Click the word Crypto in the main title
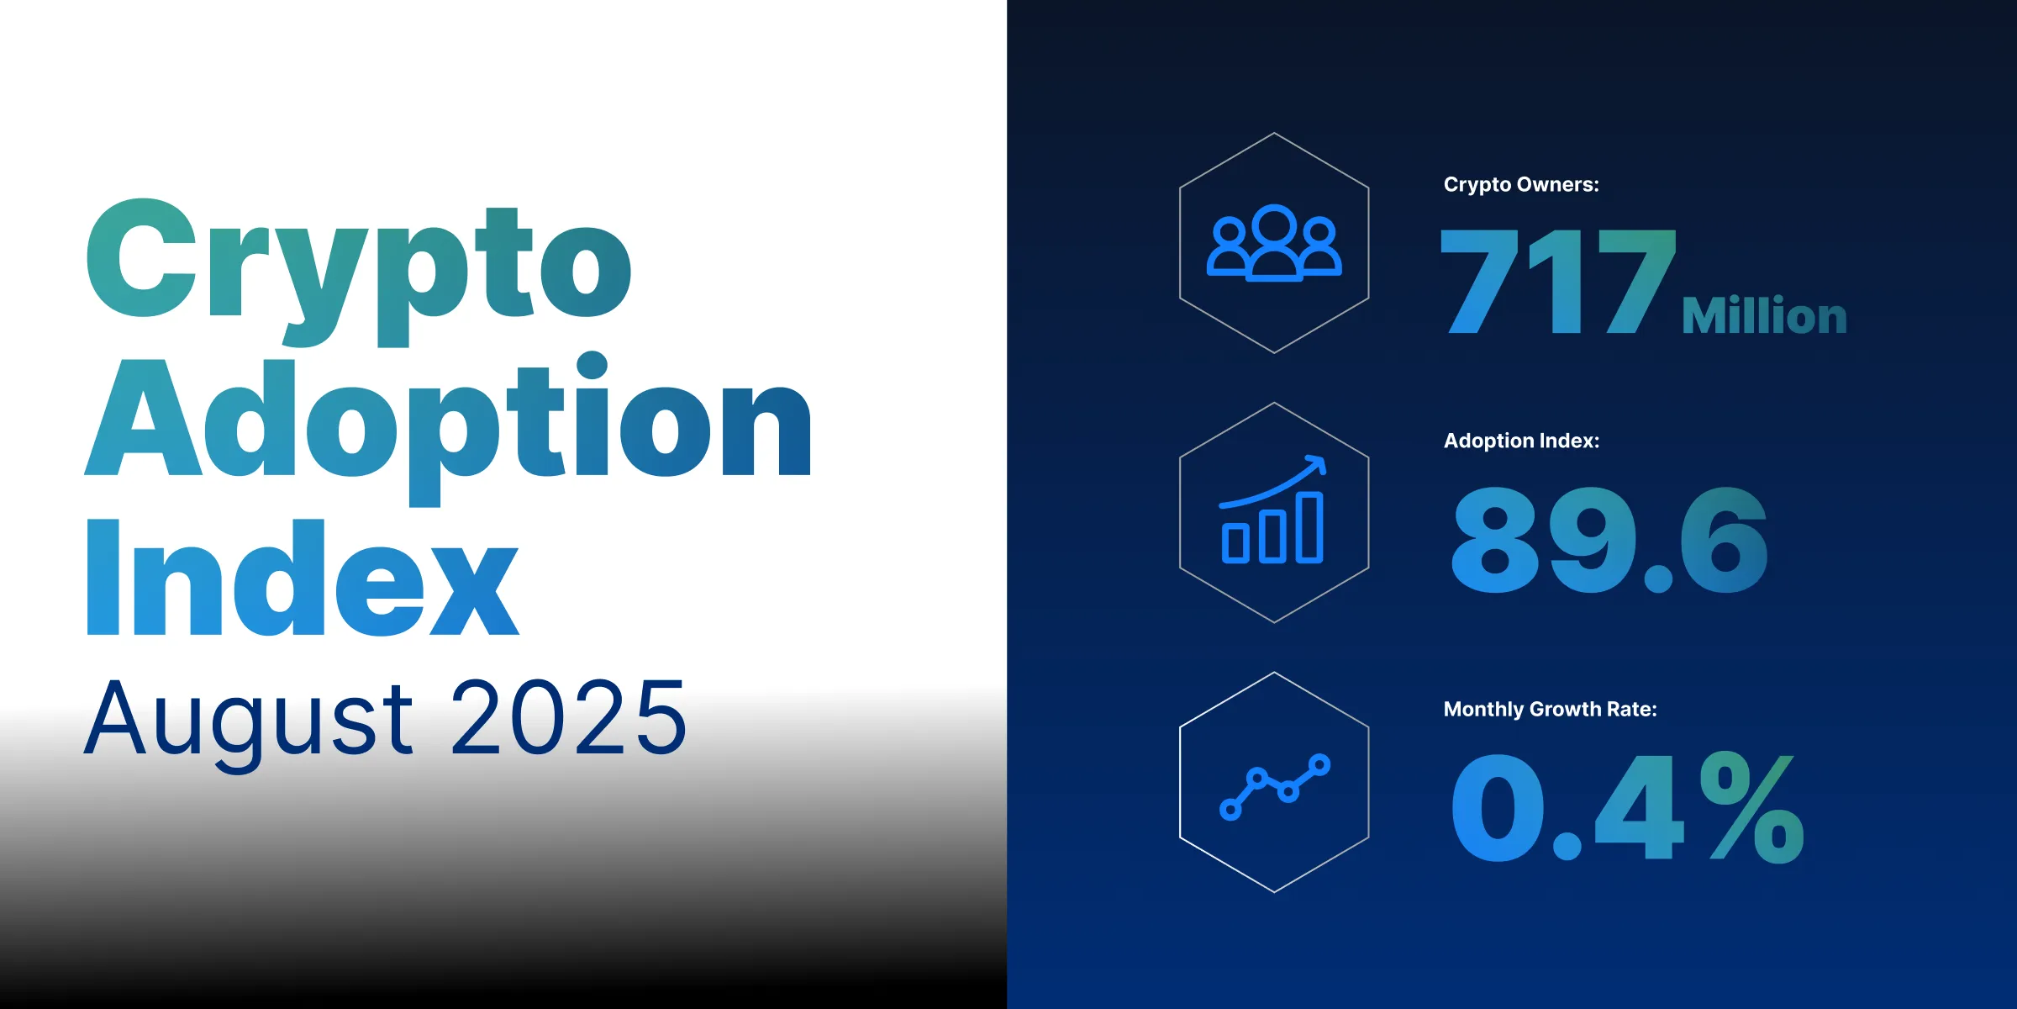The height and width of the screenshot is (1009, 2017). pyautogui.click(x=359, y=265)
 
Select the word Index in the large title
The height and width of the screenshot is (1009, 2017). pyautogui.click(x=303, y=578)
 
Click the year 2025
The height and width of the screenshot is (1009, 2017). pyautogui.click(x=569, y=719)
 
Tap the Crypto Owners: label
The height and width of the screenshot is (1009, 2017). pyautogui.click(x=1521, y=185)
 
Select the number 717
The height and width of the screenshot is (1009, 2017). pyautogui.click(x=1557, y=282)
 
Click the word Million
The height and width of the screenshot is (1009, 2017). pyautogui.click(x=1764, y=316)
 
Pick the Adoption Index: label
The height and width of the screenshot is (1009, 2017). pyautogui.click(x=1521, y=441)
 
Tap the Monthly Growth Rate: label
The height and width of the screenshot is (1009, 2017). pyautogui.click(x=1550, y=709)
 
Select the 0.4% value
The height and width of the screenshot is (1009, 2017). pyautogui.click(x=1627, y=807)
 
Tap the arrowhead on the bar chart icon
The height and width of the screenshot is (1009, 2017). pyautogui.click(x=1318, y=463)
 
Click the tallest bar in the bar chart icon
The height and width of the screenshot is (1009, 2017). pyautogui.click(x=1309, y=527)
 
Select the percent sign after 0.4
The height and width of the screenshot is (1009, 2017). pyautogui.click(x=1751, y=807)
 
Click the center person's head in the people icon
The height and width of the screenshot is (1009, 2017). pyautogui.click(x=1274, y=225)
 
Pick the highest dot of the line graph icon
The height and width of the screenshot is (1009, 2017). pyautogui.click(x=1319, y=764)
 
